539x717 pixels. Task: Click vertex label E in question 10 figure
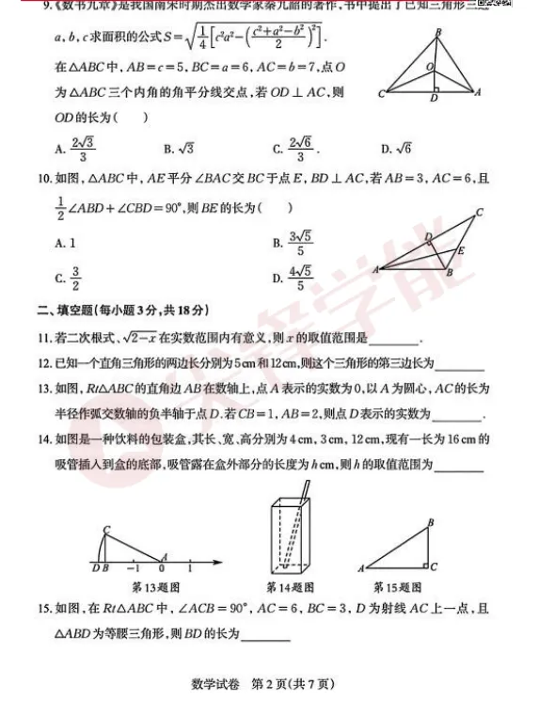pos(460,251)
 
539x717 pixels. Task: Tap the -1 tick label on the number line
pos(134,569)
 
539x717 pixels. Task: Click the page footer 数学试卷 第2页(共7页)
pos(270,684)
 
